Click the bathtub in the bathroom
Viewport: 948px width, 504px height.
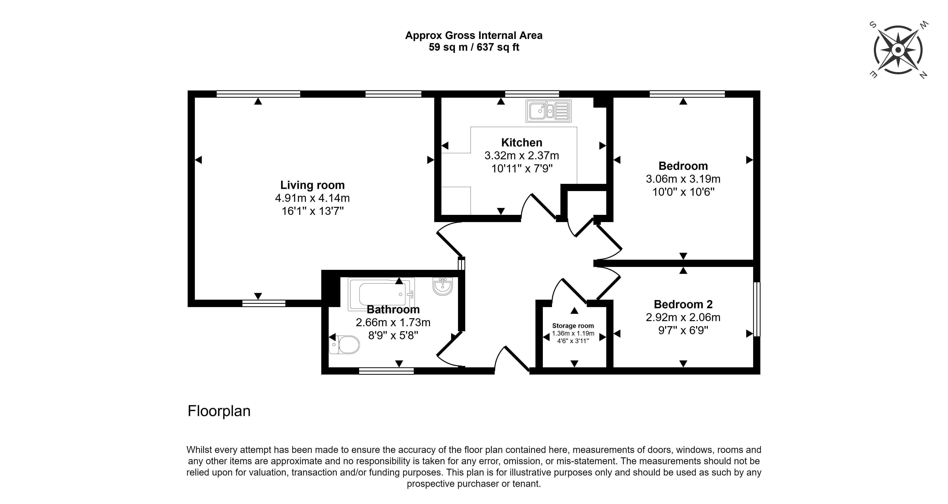(x=381, y=293)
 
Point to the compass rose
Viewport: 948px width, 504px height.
(x=898, y=50)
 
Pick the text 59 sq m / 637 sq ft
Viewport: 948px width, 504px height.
(x=474, y=47)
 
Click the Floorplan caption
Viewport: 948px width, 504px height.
(x=219, y=411)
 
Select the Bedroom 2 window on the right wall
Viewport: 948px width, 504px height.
(x=757, y=309)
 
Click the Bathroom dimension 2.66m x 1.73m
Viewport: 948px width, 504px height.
(x=393, y=323)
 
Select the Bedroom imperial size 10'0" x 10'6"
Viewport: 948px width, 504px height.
(x=683, y=192)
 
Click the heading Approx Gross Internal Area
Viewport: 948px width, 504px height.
(x=474, y=36)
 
